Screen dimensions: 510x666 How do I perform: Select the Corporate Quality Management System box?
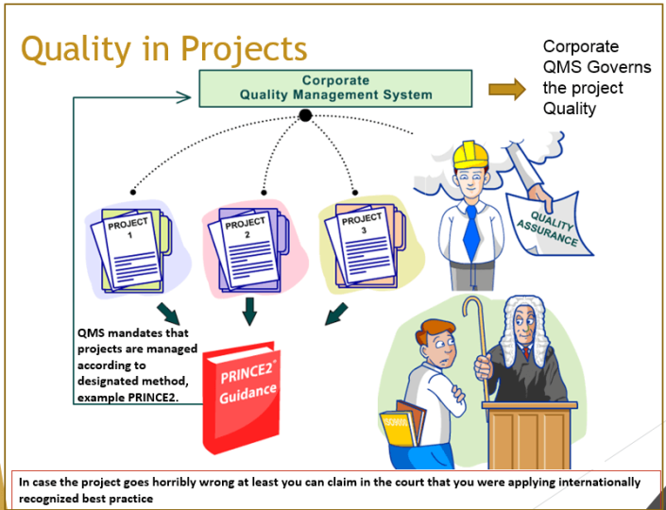pos(335,88)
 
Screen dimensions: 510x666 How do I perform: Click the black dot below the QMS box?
pos(305,115)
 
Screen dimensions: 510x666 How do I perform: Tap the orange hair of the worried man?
pos(434,331)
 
